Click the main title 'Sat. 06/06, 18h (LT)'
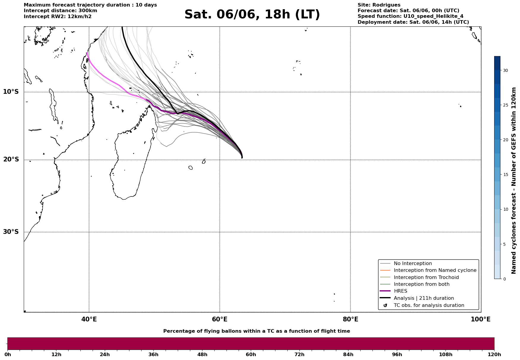click(252, 15)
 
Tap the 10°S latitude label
click(11, 92)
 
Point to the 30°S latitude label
click(11, 232)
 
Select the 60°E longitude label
click(220, 319)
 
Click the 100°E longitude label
click(481, 319)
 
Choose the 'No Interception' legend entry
click(413, 264)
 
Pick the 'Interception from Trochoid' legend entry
click(426, 277)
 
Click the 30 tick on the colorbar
click(505, 70)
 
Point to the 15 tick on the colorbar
click(505, 175)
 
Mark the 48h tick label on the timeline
click(202, 354)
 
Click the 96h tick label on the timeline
click(397, 354)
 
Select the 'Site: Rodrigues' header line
click(379, 5)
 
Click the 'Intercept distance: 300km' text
click(61, 11)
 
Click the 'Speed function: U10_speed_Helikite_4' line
click(410, 16)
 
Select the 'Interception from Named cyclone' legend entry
click(435, 270)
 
